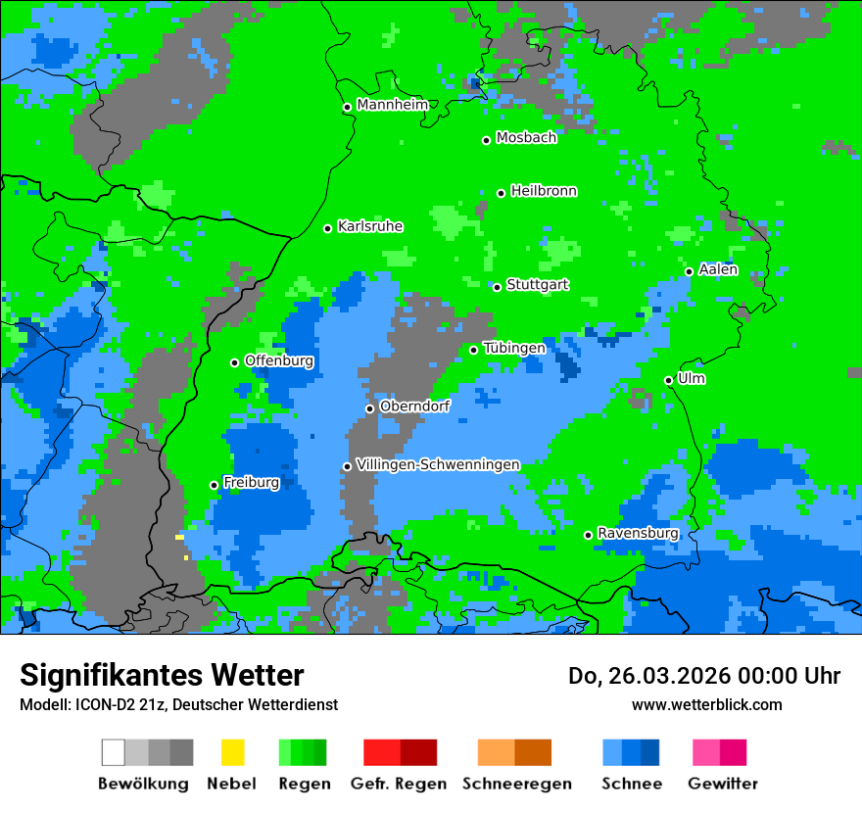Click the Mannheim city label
[x=392, y=105]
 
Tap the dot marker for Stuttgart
[x=498, y=287]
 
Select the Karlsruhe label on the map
[x=370, y=226]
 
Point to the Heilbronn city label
[x=544, y=191]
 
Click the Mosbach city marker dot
[x=486, y=140]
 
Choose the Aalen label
[x=718, y=269]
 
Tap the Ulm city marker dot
[x=668, y=380]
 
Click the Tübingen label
[x=514, y=348]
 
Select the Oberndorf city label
[x=414, y=406]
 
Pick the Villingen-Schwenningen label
[x=438, y=464]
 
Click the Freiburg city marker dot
[x=214, y=485]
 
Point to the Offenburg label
[x=279, y=360]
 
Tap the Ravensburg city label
[x=638, y=533]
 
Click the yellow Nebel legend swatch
[x=232, y=752]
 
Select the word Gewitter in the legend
[x=722, y=784]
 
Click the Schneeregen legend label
[x=516, y=784]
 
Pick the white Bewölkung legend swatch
[x=114, y=752]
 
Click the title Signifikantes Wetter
[x=162, y=675]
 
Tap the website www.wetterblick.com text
[x=706, y=704]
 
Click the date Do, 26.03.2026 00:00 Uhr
[x=704, y=676]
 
